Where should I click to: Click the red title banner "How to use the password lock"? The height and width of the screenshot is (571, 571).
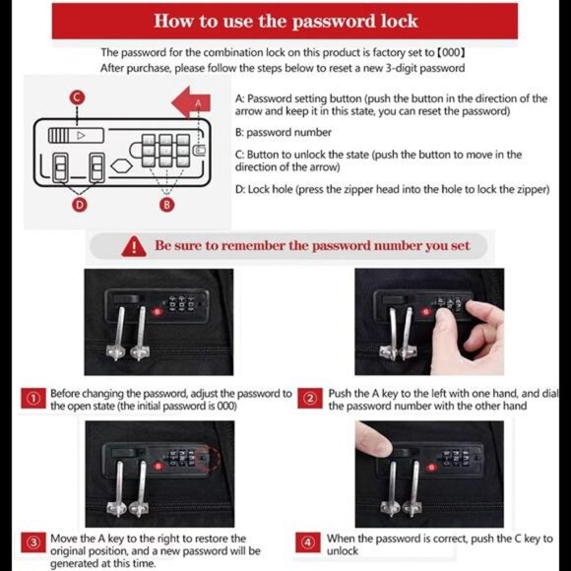tap(285, 21)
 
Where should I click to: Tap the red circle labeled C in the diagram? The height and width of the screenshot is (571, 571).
tap(77, 96)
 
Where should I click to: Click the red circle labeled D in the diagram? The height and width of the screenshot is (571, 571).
tap(80, 205)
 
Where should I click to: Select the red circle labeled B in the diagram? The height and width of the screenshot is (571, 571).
tap(167, 205)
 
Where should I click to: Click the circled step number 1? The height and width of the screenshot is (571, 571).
tap(34, 399)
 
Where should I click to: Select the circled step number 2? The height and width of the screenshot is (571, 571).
tap(311, 399)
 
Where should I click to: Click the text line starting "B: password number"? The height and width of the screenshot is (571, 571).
tap(284, 132)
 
